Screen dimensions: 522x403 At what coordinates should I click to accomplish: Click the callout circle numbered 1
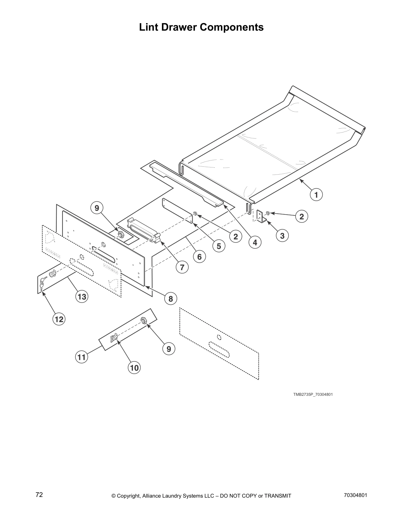click(x=316, y=195)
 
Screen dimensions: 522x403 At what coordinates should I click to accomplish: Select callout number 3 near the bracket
click(x=282, y=236)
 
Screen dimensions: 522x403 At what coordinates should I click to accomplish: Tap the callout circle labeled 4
click(x=255, y=243)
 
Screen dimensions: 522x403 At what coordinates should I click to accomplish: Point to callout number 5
click(x=219, y=246)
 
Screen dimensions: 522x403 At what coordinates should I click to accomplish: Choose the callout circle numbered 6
click(x=199, y=256)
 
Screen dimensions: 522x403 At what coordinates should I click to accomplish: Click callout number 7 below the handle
click(x=182, y=267)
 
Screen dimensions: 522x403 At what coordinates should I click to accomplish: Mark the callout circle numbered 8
click(x=171, y=299)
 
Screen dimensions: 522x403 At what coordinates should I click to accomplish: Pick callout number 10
click(x=135, y=367)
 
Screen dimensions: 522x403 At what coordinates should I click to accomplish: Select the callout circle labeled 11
click(x=81, y=357)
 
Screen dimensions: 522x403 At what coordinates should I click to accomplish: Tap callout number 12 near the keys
click(x=59, y=319)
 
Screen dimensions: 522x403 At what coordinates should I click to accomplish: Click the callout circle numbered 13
click(x=82, y=297)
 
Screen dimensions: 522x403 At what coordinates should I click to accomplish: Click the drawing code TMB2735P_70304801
click(x=313, y=394)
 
